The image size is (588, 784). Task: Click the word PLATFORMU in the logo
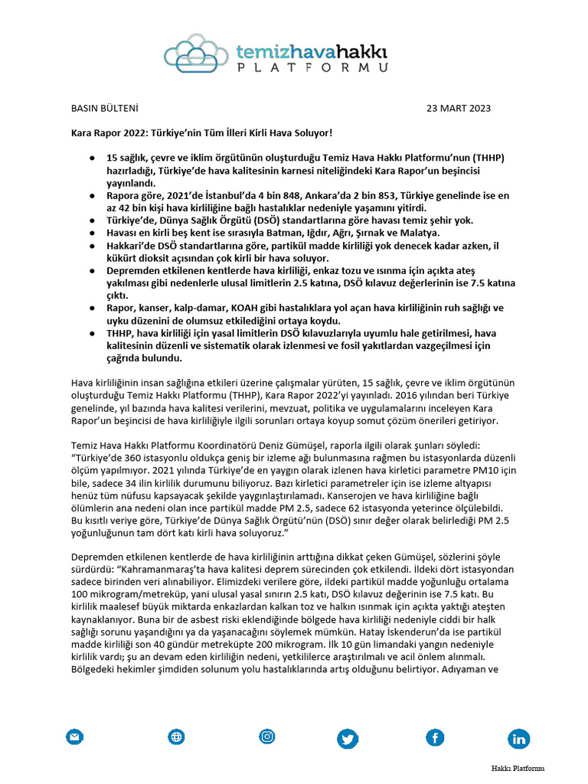(x=311, y=67)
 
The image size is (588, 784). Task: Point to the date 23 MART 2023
(x=459, y=108)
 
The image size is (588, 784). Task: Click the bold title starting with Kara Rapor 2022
(x=202, y=133)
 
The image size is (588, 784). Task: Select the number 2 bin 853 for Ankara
(x=410, y=196)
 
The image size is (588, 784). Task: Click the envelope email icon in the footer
(x=74, y=737)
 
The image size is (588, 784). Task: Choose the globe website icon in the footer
(x=177, y=737)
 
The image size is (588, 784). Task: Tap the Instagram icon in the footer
(x=267, y=737)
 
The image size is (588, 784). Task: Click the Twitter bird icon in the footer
(x=348, y=738)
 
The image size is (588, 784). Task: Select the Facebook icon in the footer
(x=435, y=738)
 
